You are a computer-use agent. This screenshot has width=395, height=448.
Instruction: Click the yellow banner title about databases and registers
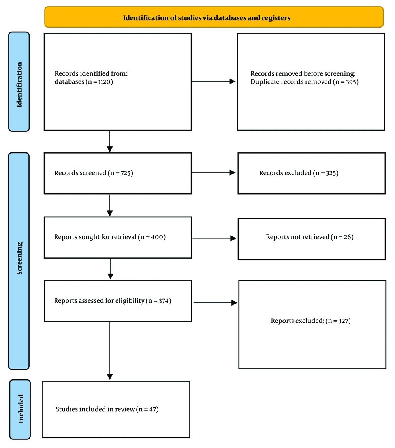(207, 18)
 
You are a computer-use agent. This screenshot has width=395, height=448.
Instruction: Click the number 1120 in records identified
(104, 82)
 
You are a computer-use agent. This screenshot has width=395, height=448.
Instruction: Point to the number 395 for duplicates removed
(351, 82)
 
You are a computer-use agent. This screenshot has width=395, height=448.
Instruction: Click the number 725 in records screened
(126, 173)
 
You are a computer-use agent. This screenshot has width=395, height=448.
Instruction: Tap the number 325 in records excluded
(331, 173)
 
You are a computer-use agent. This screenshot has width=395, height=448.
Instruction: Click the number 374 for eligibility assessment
(164, 300)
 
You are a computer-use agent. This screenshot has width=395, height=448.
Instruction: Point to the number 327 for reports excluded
(343, 321)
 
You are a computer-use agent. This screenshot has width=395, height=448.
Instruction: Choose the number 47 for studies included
(153, 409)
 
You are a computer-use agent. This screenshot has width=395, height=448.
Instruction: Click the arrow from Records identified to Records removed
(213, 81)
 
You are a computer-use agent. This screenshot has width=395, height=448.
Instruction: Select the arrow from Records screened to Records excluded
(213, 172)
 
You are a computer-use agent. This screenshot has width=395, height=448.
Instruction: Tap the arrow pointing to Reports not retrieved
(214, 238)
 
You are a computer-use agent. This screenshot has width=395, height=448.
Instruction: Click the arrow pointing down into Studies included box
(110, 351)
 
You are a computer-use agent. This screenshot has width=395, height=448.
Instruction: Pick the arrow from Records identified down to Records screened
(110, 141)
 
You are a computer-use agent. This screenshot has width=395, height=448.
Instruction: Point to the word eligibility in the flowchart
(130, 300)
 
